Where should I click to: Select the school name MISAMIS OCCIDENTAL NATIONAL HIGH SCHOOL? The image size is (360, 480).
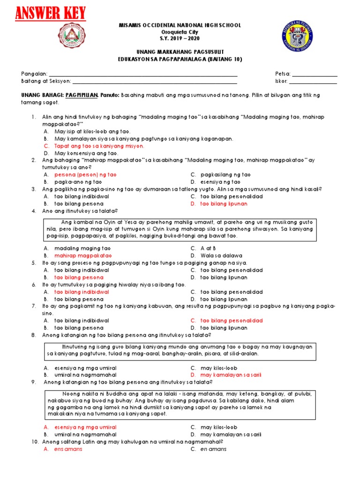(180, 25)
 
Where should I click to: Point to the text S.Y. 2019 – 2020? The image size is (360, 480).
(180, 38)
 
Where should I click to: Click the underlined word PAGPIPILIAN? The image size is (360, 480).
(82, 95)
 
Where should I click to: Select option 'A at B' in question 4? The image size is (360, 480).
(208, 248)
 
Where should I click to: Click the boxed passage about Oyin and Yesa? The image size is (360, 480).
(180, 229)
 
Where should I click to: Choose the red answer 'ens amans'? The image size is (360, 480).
(68, 449)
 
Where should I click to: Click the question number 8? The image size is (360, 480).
(34, 335)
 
